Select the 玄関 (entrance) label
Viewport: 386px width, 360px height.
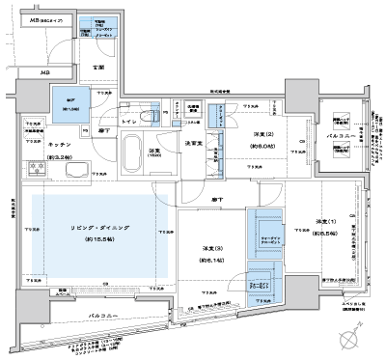[x=97, y=67]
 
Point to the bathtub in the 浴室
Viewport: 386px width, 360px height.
[x=135, y=152]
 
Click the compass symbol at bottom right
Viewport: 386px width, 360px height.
[x=349, y=339]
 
